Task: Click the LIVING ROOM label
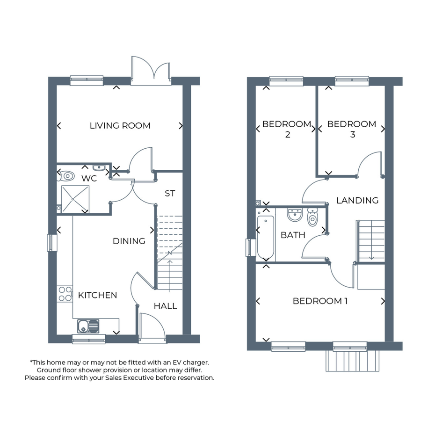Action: [x=120, y=125]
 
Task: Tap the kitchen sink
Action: [x=88, y=326]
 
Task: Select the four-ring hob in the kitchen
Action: [x=65, y=294]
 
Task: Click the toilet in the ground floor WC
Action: [x=66, y=176]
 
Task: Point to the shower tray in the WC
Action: [x=75, y=199]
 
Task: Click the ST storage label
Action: [x=170, y=193]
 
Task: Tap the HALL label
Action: [x=166, y=306]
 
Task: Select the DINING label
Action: [x=129, y=241]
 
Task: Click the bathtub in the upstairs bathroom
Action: [x=266, y=237]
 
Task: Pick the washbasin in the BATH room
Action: [x=295, y=215]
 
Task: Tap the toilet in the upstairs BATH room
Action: [x=312, y=217]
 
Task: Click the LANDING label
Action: [x=357, y=201]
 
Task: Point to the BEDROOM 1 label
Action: [x=320, y=301]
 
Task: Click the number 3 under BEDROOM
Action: [x=353, y=135]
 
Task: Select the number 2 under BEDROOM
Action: [x=288, y=135]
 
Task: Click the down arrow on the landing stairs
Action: [x=371, y=240]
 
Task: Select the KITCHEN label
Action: [x=98, y=295]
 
